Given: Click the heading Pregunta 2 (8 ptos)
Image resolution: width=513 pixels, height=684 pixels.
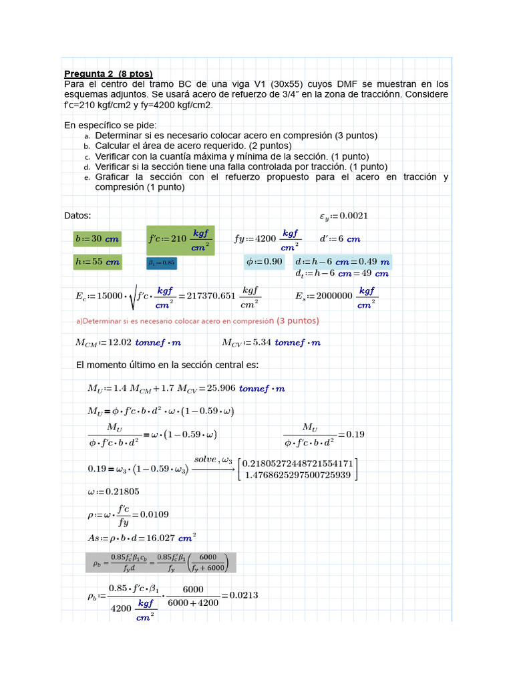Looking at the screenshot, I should click(x=108, y=73).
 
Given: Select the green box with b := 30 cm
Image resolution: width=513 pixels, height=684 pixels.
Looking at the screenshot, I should click(x=97, y=238).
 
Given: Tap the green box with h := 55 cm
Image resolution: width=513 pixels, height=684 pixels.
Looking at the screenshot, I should click(x=97, y=262).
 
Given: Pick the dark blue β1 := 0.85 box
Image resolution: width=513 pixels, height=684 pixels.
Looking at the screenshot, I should click(x=161, y=263).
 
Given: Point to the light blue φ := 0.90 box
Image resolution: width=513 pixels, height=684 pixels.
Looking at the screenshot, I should click(x=265, y=261).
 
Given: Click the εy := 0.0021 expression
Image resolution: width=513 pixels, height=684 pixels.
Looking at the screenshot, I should click(x=343, y=216).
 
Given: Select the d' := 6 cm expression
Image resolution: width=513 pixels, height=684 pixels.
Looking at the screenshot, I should click(x=340, y=238).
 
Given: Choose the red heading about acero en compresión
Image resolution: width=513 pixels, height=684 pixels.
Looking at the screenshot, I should click(x=198, y=321).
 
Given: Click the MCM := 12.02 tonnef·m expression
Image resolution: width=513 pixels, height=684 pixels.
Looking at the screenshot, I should click(x=128, y=343).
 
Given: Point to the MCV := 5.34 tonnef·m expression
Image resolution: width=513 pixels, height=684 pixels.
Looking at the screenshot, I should click(x=271, y=343).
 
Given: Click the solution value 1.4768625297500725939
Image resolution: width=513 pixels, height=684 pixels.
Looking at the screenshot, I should click(x=298, y=474).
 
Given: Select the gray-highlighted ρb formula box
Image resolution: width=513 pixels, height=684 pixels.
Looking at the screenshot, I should click(x=160, y=562).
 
